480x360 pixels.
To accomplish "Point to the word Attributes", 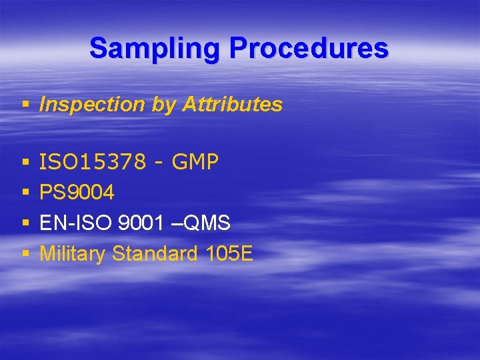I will point(233,105).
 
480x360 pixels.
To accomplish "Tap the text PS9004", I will point(77,193).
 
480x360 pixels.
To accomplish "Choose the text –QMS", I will point(201,223).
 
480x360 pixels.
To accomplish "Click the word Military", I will point(73,254).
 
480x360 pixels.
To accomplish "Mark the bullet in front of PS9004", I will point(25,193).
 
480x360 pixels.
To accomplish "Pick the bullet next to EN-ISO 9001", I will point(25,224).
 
